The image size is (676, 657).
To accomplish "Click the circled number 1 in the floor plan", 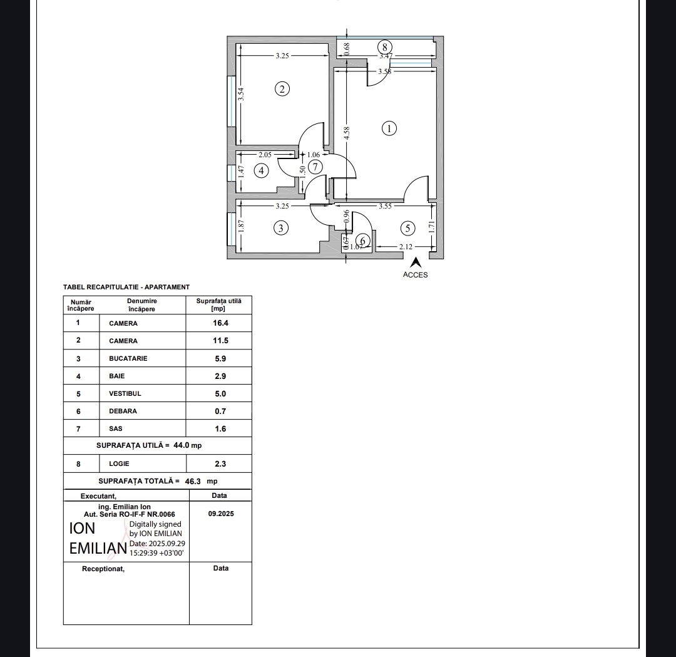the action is [389, 128].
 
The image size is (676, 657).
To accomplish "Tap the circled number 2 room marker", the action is [282, 90].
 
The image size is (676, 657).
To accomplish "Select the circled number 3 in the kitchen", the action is [281, 228].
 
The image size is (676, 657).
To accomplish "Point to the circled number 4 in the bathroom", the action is [261, 171].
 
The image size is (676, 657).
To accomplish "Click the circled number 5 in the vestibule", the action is [407, 228].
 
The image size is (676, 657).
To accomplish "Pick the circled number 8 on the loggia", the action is [384, 47].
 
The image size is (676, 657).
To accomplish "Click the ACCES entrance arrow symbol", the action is [416, 262].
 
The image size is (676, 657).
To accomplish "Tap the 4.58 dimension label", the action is [347, 133].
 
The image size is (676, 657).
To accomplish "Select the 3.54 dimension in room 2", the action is [241, 95].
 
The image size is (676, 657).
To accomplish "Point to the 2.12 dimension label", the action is [406, 247].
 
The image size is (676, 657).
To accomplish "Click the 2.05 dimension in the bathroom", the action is [265, 155].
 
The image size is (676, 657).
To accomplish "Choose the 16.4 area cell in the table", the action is [220, 323].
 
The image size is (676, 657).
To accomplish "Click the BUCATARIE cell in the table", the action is [128, 358].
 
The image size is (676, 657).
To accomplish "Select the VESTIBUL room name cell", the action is [125, 393].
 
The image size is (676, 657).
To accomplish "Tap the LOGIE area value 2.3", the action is [220, 463].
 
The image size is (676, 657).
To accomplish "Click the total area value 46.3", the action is [193, 482].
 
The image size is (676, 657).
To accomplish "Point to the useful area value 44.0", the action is [182, 445].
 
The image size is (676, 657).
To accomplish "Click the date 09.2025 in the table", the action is [221, 514].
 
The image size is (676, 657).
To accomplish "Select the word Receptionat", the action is [103, 569].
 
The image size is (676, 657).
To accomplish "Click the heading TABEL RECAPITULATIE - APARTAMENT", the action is [126, 287].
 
